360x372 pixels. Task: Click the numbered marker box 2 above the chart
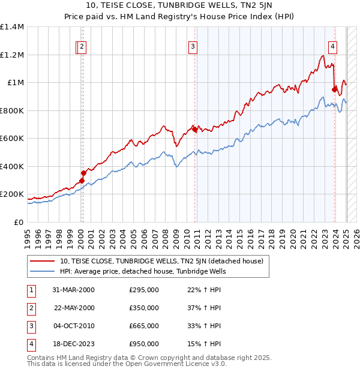(82, 48)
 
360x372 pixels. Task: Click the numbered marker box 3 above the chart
(193, 48)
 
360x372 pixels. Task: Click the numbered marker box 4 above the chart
(332, 48)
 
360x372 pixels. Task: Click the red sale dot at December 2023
(334, 90)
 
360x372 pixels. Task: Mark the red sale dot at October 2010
(194, 130)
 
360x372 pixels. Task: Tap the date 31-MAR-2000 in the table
(74, 290)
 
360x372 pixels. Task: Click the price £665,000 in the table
(144, 326)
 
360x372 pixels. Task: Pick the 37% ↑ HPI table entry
(205, 308)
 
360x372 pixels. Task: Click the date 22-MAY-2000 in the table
(74, 308)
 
